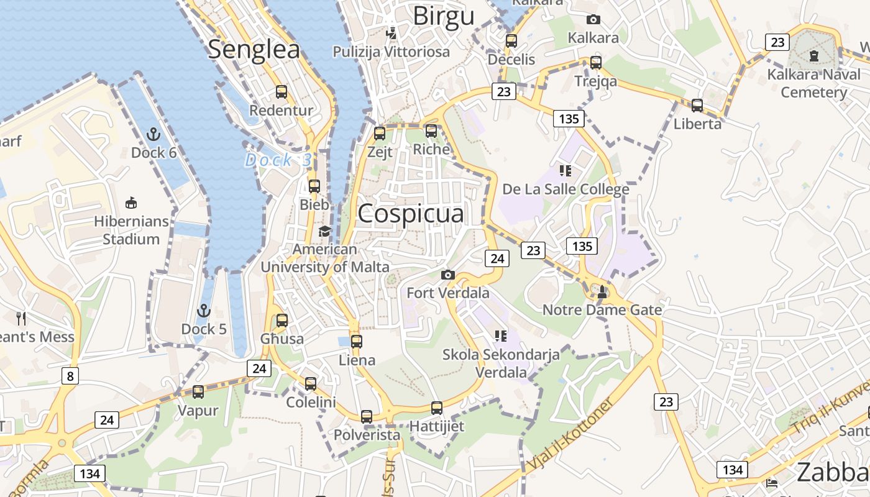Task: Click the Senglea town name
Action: coord(254,50)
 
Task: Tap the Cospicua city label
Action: coord(411,213)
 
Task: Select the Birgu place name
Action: coord(444,16)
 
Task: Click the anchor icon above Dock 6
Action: coord(153,134)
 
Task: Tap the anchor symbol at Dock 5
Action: coord(203,311)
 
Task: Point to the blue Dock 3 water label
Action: coord(278,160)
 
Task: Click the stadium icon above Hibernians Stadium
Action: coord(131,203)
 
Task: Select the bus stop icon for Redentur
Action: coord(282,92)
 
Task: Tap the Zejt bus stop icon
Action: coord(380,133)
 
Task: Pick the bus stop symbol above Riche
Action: coord(431,131)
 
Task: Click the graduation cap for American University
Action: coord(324,232)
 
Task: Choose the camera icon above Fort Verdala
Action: coord(447,275)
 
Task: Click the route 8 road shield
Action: coord(70,375)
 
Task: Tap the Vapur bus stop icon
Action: coord(198,392)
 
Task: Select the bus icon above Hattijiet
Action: coord(437,408)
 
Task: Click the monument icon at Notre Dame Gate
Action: coord(602,291)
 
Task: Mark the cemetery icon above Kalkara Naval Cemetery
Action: coord(814,57)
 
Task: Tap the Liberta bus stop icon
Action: coord(697,106)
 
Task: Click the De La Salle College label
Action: coord(565,189)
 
